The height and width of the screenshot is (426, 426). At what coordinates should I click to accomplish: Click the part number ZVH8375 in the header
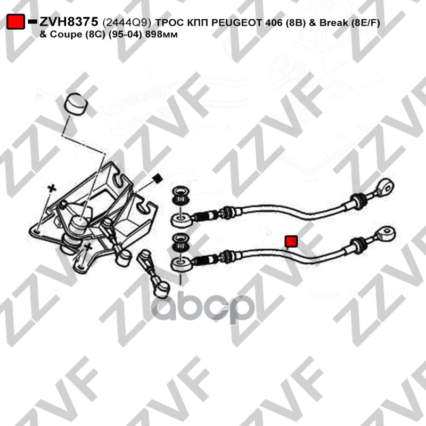click(x=69, y=22)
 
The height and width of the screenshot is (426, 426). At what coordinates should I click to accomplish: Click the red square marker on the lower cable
click(x=291, y=242)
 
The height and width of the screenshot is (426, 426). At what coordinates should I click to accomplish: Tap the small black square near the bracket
click(x=157, y=178)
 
